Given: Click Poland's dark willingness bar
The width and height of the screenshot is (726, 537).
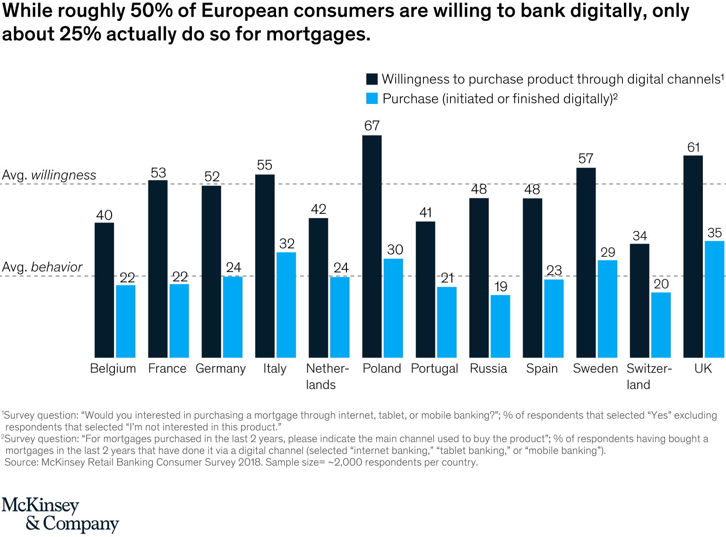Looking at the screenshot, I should (x=372, y=246).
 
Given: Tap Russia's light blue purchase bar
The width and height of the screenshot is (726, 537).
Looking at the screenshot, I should (x=500, y=326).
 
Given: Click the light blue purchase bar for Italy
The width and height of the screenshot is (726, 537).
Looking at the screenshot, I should (x=286, y=305).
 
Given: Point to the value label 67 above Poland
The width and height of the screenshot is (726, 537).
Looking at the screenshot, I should (x=372, y=126).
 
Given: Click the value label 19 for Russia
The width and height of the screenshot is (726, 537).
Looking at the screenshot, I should (x=501, y=287).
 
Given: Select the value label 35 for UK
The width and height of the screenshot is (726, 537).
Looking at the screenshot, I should (x=715, y=233).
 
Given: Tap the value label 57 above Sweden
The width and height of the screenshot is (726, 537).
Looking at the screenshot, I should (x=586, y=159).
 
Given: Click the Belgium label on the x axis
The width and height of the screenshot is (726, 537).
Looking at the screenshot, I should (x=113, y=368).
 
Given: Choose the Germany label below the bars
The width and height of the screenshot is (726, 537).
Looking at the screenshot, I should (x=221, y=368).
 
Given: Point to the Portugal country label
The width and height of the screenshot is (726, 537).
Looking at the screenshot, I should (x=434, y=368).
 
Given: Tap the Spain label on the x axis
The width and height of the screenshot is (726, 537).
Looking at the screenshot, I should (x=542, y=368).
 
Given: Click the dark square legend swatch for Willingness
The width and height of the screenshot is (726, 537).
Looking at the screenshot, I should (x=372, y=79).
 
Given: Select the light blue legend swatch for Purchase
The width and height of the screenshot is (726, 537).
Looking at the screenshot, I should (x=372, y=99).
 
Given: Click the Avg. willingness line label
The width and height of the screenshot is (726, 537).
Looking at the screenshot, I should (x=49, y=175).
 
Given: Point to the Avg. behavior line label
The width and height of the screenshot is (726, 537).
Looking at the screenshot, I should (x=42, y=267).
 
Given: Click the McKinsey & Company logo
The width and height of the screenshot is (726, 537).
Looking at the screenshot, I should (x=60, y=514).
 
